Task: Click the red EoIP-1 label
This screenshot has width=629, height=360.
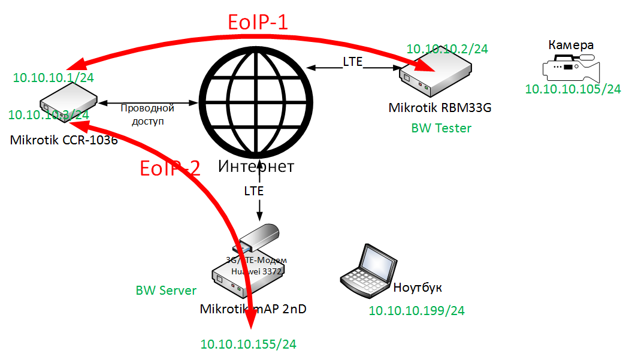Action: tap(258, 23)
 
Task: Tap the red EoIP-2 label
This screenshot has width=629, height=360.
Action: tap(170, 168)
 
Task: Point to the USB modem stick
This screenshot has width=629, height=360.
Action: tap(259, 237)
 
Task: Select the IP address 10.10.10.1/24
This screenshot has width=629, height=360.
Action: tap(53, 77)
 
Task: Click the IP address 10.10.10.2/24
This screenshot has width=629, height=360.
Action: tap(447, 49)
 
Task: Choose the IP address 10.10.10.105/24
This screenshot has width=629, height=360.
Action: tap(573, 89)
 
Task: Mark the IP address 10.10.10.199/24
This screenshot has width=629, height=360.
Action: tap(416, 310)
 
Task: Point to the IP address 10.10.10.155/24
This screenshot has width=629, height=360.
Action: tap(248, 344)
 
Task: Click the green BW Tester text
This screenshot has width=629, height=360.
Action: tap(441, 128)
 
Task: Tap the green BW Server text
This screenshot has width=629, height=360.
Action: tap(166, 291)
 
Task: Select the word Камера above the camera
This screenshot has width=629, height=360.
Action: tap(571, 45)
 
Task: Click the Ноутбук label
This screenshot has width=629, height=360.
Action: tap(418, 288)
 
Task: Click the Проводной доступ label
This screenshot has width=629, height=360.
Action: tap(147, 114)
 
